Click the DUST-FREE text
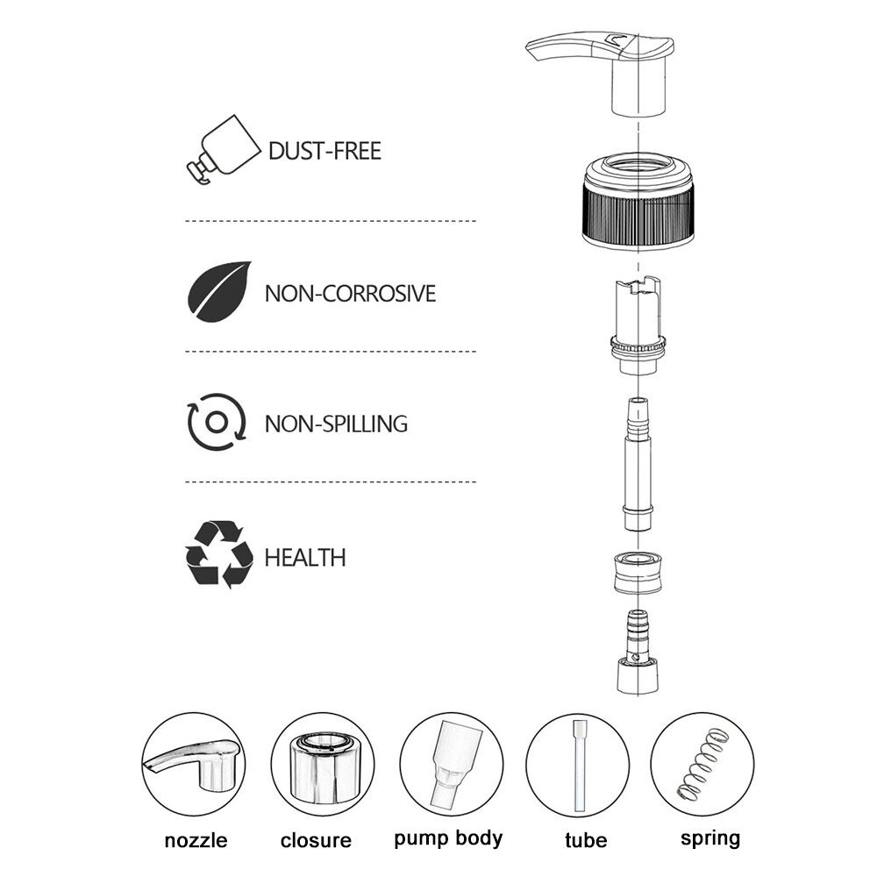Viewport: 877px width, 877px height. click(324, 151)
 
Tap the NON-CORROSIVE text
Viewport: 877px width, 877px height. click(350, 294)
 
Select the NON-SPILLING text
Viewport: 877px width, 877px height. click(336, 424)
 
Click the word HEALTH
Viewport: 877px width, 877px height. click(305, 558)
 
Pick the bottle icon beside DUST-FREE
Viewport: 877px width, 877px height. click(224, 149)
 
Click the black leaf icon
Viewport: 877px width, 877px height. click(218, 291)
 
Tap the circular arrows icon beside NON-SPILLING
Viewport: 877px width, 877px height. click(217, 422)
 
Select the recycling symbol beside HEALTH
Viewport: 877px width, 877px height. click(218, 554)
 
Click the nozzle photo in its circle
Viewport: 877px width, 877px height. click(194, 764)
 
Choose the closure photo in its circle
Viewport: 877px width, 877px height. click(323, 764)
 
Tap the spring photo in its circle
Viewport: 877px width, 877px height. click(702, 764)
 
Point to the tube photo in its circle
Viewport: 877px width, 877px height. click(577, 765)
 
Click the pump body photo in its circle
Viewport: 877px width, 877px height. click(452, 764)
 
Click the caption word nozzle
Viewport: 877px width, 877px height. click(196, 840)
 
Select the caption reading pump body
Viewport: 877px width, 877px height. click(448, 839)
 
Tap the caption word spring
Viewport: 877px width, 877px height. click(710, 839)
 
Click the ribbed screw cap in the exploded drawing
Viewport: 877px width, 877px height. click(638, 202)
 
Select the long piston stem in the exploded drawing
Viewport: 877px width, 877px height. click(638, 464)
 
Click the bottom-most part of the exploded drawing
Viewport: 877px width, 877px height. click(638, 652)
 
